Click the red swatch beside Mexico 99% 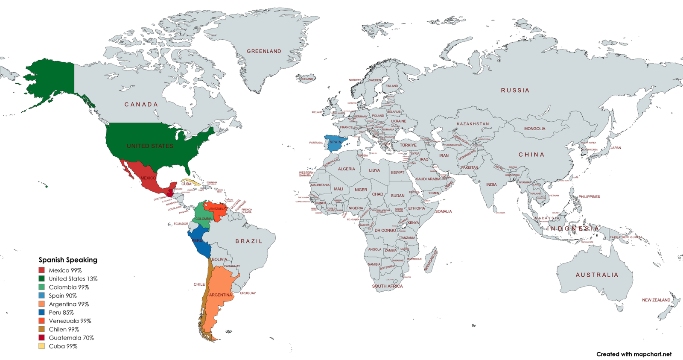tap(41, 270)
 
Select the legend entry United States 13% tap(73, 279)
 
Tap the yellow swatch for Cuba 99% tap(41, 346)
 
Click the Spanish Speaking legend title tap(68, 260)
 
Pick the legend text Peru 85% tap(61, 313)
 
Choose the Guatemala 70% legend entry tap(71, 338)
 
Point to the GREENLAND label tap(264, 51)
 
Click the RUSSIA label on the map tap(515, 91)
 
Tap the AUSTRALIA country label tap(597, 275)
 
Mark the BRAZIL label tap(249, 241)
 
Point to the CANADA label tap(141, 105)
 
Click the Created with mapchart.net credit tap(633, 354)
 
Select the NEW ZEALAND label tap(656, 300)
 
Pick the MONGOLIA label tap(534, 129)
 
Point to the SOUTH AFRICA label tap(387, 286)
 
